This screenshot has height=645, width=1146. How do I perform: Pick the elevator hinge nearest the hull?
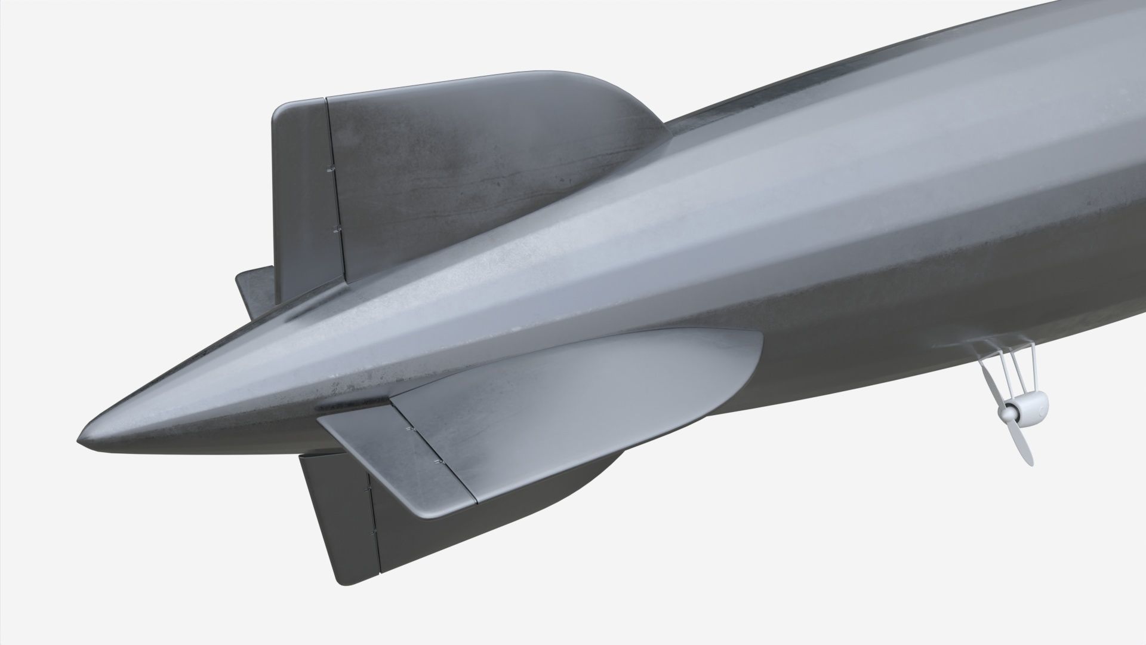[x=409, y=429]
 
